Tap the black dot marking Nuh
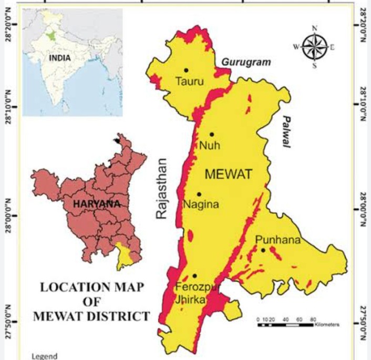pyautogui.click(x=212, y=135)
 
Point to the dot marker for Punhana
pyautogui.click(x=263, y=250)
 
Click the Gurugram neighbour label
pyautogui.click(x=246, y=63)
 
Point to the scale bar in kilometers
pyautogui.click(x=286, y=325)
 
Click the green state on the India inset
pyautogui.click(x=51, y=36)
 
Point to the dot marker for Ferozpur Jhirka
pyautogui.click(x=194, y=275)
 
